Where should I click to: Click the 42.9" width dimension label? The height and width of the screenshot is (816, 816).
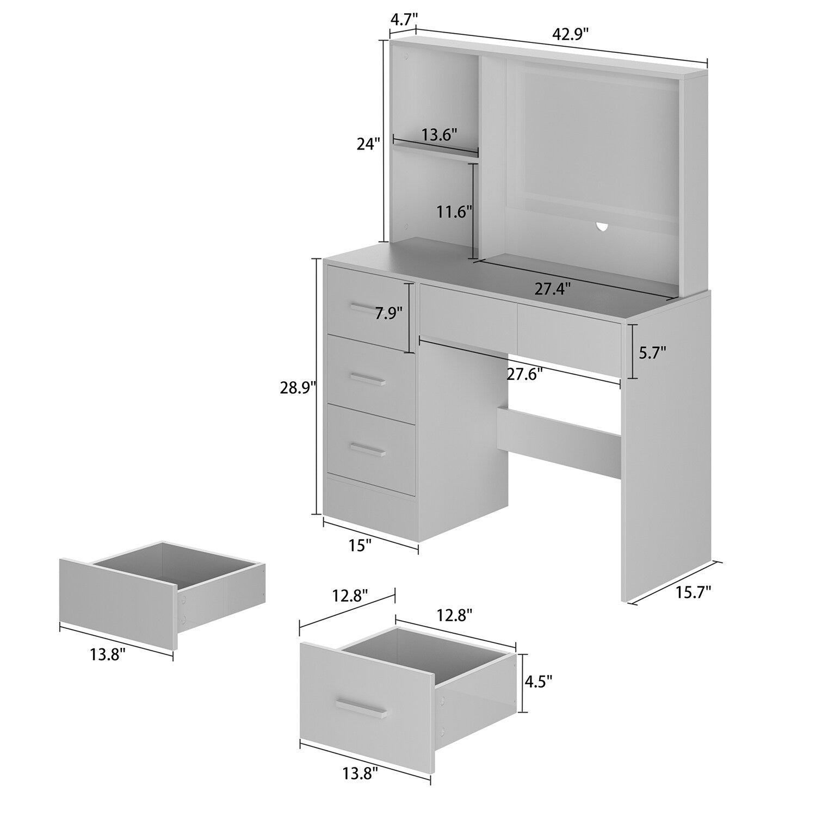571,34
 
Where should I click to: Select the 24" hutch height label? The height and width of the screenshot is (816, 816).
368,144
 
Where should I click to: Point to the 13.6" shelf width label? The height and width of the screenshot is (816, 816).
439,134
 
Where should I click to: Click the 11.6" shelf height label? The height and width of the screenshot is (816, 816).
454,212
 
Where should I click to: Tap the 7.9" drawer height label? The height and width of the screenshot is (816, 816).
388,313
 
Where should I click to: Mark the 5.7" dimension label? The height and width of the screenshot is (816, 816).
652,353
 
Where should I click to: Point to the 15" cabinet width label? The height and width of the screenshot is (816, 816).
360,546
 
